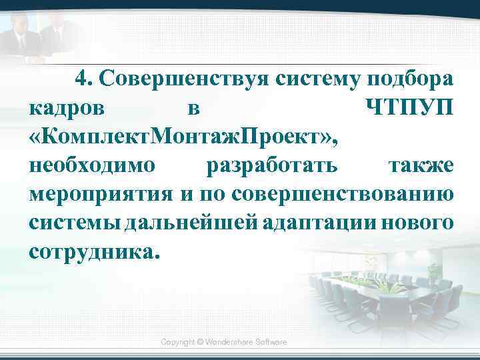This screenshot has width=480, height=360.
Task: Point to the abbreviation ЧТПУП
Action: [x=410, y=107]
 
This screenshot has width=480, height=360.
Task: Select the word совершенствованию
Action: [x=344, y=194]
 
